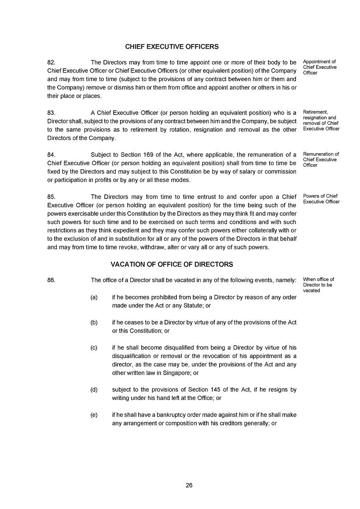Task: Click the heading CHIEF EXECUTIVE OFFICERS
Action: tap(172, 47)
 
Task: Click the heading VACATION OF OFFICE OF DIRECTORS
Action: tap(172, 264)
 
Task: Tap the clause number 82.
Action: tap(51, 62)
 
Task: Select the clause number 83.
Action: tap(51, 113)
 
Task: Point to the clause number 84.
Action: tap(51, 155)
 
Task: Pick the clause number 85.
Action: tap(51, 197)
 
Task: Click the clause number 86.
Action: tap(51, 280)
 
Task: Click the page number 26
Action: tap(189, 486)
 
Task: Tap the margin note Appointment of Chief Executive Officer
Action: tap(319, 67)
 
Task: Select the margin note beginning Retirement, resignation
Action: tap(321, 120)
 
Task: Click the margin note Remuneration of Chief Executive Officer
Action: tap(321, 159)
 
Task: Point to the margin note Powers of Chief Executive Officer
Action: tap(321, 199)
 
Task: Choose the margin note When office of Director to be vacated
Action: tap(318, 285)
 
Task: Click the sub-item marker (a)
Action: tap(94, 297)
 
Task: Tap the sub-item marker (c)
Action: tap(94, 348)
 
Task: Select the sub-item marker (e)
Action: tap(94, 415)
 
